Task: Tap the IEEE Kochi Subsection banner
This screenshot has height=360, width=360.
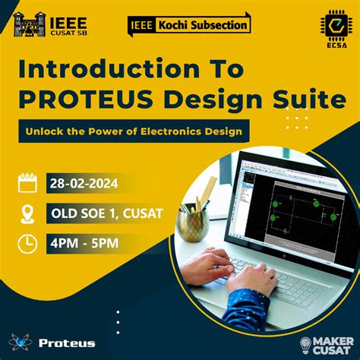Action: coord(188,25)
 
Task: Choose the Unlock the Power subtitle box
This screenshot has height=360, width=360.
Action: coord(134,131)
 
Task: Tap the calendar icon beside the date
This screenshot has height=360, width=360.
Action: coord(28,182)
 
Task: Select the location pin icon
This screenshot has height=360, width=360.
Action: coord(28,213)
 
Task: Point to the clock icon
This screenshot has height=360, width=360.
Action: coord(28,243)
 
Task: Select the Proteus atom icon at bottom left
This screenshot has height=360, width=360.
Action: coord(21,343)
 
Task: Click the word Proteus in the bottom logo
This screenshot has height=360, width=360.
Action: coord(68,343)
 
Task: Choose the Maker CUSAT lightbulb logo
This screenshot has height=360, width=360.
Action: coord(307,343)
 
